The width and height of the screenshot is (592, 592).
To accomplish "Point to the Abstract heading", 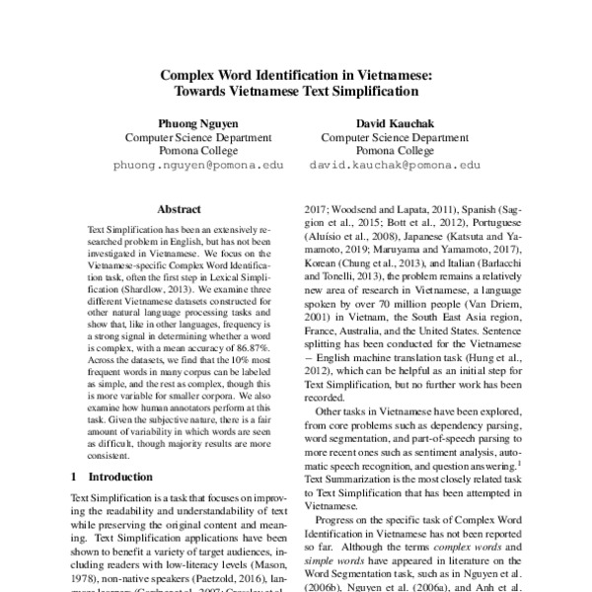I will pos(179,209).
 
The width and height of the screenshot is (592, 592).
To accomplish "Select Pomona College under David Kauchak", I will pos(395,152).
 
